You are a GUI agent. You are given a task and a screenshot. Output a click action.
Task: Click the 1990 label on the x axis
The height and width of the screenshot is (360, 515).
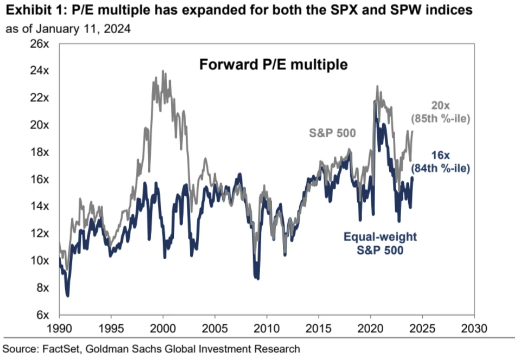59,329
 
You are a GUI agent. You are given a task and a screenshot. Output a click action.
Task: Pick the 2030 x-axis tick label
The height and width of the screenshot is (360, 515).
474,329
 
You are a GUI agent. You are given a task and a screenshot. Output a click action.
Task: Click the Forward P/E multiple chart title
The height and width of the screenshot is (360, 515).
273,65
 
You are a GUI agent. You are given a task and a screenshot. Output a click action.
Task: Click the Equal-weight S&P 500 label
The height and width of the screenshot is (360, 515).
380,243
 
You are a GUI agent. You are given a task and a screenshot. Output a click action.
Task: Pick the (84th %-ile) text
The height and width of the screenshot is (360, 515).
440,168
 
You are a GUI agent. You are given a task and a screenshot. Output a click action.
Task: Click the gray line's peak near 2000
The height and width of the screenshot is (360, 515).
163,71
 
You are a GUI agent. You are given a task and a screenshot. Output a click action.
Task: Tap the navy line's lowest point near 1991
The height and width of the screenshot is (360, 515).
67,295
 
